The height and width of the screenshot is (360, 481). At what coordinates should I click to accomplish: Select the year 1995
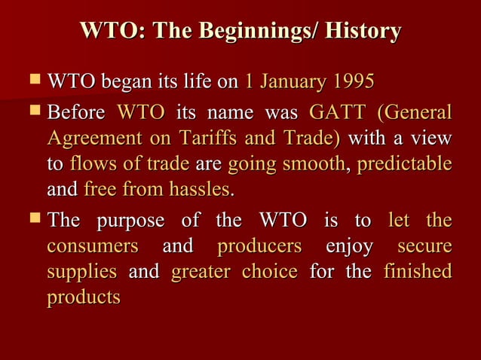351,82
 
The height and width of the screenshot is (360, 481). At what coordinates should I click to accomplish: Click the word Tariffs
209,139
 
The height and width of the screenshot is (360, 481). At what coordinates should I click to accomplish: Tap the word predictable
406,164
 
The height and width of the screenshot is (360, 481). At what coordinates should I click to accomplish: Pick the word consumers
93,246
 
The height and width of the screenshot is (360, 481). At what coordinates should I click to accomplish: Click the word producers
259,246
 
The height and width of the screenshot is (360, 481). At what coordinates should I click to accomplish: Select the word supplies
81,271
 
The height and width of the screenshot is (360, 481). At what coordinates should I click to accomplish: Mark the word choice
269,271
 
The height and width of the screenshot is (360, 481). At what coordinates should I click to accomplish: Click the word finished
418,271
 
